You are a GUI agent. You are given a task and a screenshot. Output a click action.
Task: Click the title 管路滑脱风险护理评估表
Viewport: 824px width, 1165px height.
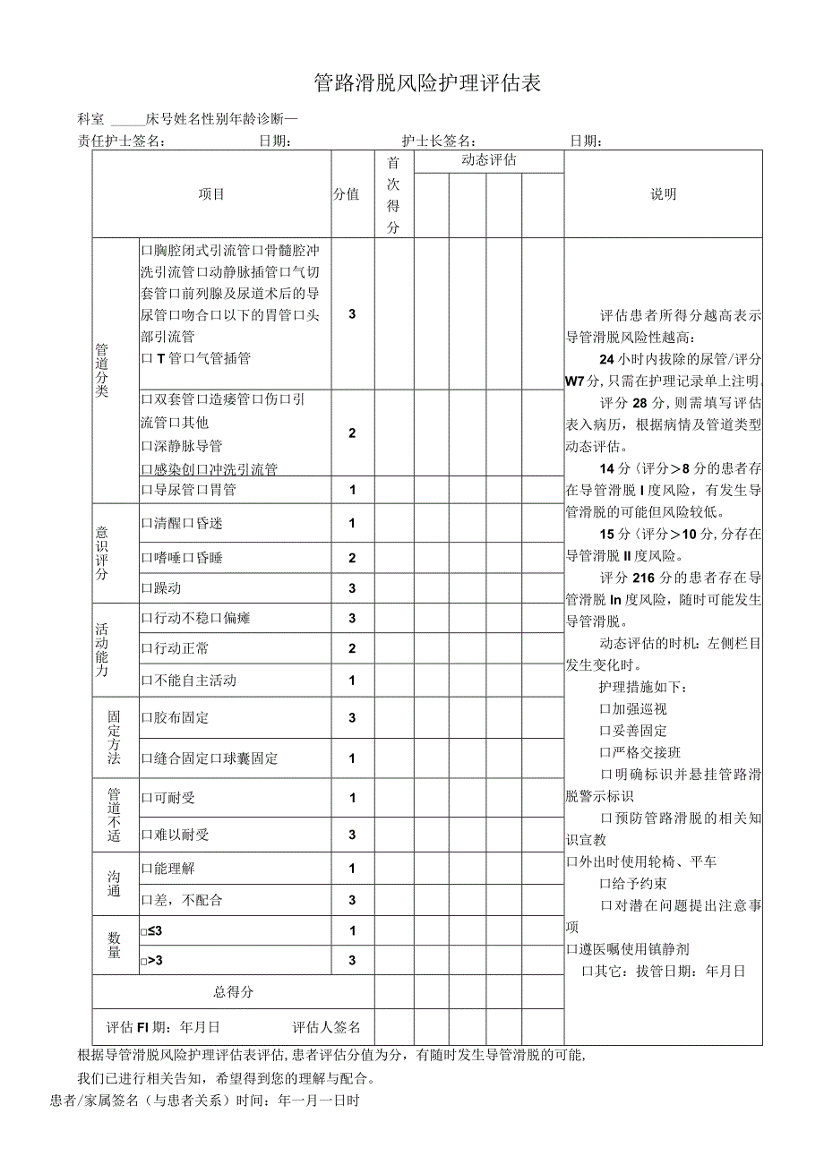coord(428,84)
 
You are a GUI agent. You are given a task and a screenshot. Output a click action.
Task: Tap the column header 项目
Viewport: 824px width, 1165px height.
coord(211,194)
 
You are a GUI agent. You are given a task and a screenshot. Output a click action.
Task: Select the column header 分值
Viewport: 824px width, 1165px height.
coord(347,194)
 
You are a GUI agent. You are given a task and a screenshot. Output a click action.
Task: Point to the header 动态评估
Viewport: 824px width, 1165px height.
coord(488,160)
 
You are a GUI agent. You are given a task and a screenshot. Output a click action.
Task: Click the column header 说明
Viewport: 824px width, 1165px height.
coord(664,194)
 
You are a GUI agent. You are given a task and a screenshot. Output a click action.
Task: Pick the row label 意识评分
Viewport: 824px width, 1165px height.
coord(101,553)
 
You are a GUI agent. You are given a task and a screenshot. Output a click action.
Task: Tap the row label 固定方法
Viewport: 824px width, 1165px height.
coord(114,738)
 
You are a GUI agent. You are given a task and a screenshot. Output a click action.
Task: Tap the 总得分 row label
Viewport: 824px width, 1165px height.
coord(233,992)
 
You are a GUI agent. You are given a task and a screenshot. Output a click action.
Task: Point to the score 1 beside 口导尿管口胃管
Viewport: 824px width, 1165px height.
coord(353,490)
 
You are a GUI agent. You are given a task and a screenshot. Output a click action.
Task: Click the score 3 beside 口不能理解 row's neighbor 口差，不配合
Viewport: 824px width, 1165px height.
coord(353,900)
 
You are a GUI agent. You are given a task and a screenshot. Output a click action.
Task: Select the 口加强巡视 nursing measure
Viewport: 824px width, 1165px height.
coord(633,709)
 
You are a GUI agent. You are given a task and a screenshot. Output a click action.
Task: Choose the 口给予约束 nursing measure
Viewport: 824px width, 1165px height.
coord(633,884)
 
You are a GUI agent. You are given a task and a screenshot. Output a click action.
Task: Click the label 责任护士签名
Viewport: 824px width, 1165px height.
coord(122,141)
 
